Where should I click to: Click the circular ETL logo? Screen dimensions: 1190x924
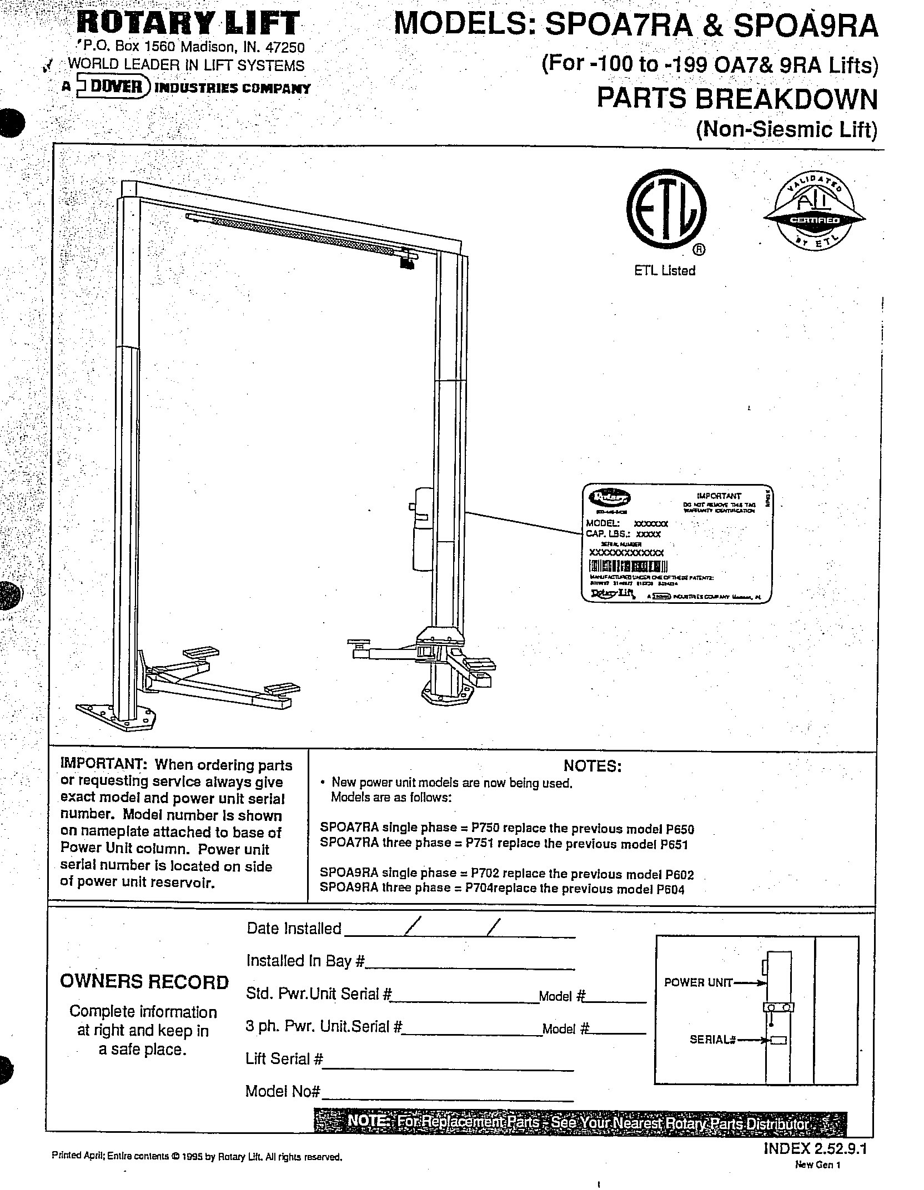(666, 209)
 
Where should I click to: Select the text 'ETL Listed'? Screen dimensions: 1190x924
(665, 271)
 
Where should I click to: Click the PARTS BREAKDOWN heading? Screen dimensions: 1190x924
(737, 99)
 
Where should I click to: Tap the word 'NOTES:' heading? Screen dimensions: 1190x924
(592, 766)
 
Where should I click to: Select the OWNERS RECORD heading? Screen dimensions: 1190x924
(144, 981)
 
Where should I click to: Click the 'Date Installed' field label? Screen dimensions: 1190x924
(294, 928)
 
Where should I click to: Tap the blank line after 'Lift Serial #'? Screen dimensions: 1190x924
(448, 1070)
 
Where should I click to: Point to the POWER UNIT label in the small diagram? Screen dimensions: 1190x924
(698, 983)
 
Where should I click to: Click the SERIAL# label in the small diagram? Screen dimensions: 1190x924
(712, 1040)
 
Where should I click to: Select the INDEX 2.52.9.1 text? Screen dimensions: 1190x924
(815, 1148)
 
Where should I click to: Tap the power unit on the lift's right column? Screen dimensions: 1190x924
(422, 528)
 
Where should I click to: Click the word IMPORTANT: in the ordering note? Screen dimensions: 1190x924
(103, 765)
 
